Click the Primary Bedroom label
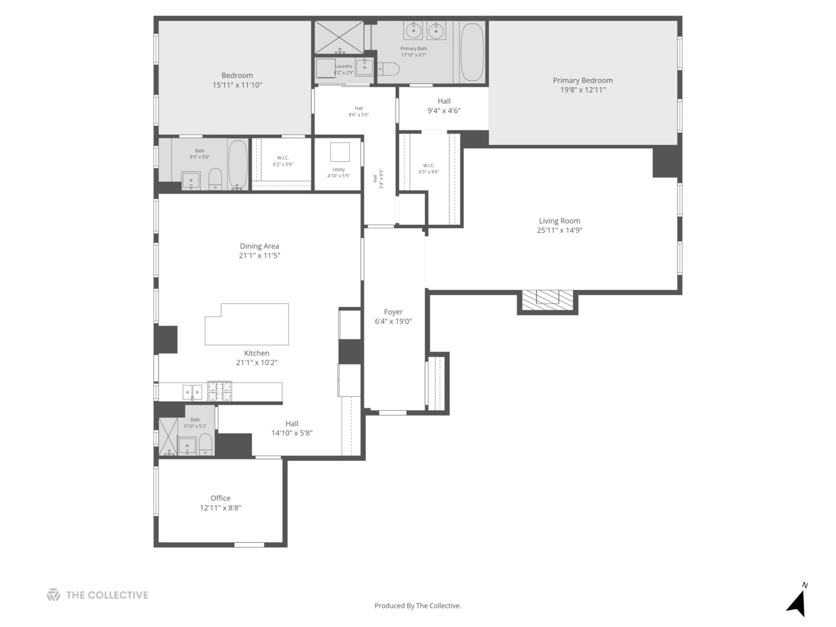click(x=582, y=81)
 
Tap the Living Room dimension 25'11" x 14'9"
click(x=559, y=230)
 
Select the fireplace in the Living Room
click(x=547, y=298)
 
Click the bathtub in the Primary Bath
click(x=472, y=52)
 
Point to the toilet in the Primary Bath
click(x=389, y=70)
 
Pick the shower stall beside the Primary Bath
click(x=338, y=36)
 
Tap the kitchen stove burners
click(x=220, y=391)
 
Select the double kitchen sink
click(x=193, y=392)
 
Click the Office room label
click(x=221, y=498)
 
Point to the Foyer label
click(x=393, y=312)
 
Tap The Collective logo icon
click(x=53, y=595)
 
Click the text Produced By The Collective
click(x=417, y=606)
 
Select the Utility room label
click(x=338, y=170)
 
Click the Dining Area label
click(x=259, y=246)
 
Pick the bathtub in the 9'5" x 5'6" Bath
click(x=237, y=165)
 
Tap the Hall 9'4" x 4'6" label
click(x=444, y=101)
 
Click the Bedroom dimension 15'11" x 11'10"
click(x=237, y=85)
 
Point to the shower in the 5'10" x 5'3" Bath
click(x=169, y=436)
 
